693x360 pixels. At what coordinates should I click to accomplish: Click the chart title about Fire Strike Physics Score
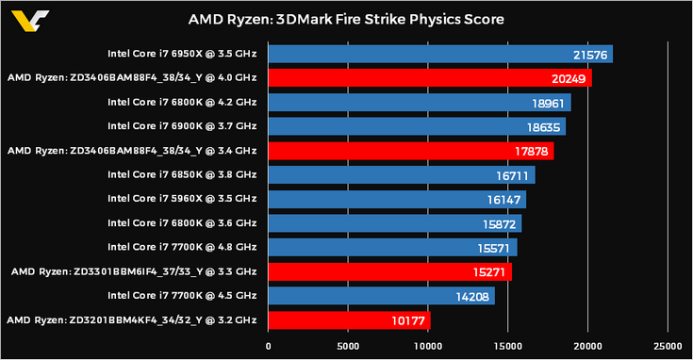click(x=346, y=19)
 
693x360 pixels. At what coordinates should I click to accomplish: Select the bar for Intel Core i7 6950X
click(x=440, y=54)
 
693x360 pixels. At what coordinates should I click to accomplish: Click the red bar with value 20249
click(x=430, y=78)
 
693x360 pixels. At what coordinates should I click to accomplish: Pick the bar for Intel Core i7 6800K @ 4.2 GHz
click(x=420, y=102)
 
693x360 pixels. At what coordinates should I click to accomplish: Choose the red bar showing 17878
click(x=411, y=151)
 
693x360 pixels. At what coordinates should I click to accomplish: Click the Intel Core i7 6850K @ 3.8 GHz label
click(x=182, y=174)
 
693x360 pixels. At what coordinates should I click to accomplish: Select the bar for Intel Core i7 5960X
click(x=397, y=199)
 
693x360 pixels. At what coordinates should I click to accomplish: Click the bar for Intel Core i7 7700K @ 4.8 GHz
click(x=392, y=247)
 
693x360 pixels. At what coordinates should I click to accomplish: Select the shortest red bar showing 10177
click(x=350, y=320)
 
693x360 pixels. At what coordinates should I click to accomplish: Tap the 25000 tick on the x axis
click(x=668, y=345)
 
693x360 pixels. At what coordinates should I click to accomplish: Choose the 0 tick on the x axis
click(x=270, y=345)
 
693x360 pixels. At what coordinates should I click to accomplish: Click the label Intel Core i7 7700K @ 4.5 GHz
click(x=182, y=296)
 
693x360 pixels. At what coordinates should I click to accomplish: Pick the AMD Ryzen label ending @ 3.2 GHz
click(x=131, y=320)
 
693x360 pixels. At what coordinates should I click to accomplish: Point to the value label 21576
click(x=589, y=55)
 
